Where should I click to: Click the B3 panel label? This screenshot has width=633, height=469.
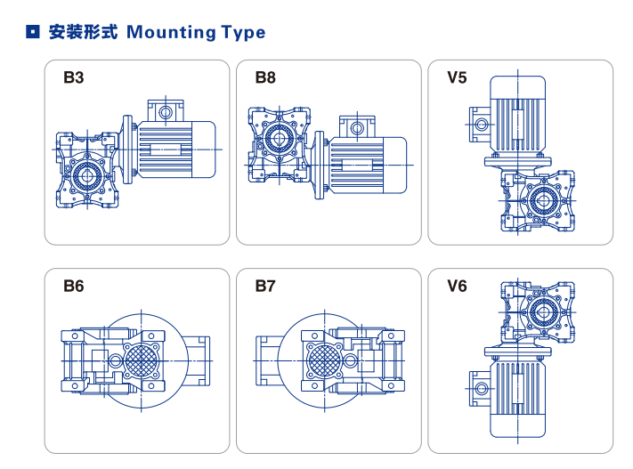coord(73,77)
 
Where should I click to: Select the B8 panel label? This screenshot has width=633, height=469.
coord(265,77)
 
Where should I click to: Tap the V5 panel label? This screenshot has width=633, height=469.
coord(457,77)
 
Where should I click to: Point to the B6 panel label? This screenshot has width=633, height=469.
coord(73,287)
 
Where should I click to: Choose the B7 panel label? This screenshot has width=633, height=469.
coord(265,287)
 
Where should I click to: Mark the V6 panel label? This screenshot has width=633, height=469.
coord(457,287)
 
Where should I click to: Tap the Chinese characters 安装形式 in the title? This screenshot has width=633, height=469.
coord(83,33)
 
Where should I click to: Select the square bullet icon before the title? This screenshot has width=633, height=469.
coord(33,33)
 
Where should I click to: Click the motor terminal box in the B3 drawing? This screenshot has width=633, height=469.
coord(166,111)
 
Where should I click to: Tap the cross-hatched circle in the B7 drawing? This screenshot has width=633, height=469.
coord(323,360)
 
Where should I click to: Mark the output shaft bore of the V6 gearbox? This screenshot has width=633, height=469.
coord(540,312)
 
